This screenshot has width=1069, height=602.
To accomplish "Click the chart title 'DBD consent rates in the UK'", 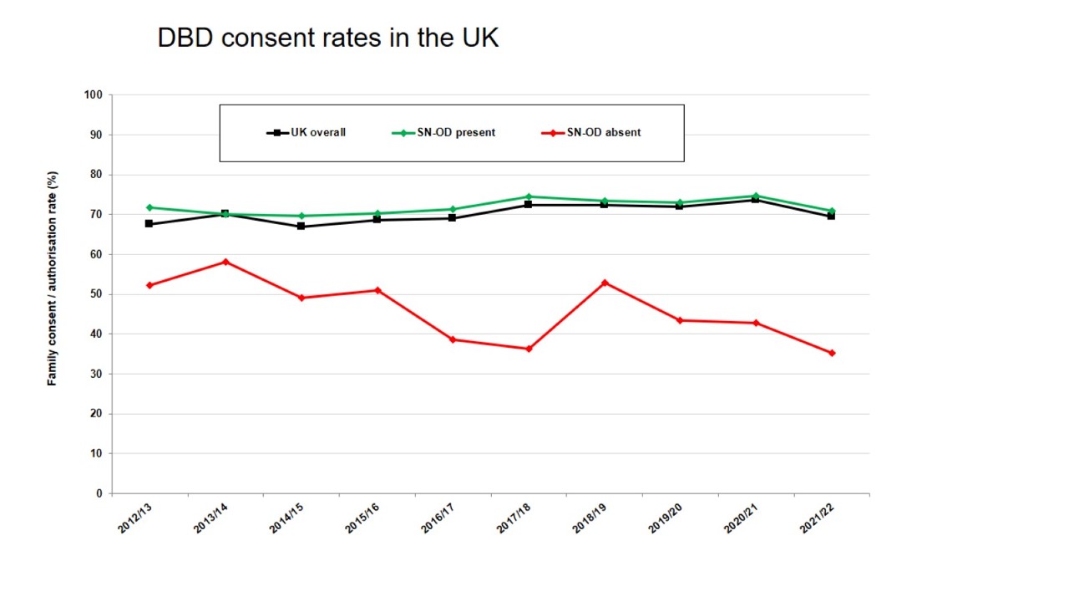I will tap(327, 38).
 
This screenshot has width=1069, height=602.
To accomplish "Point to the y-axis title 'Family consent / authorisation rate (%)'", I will tap(53, 278).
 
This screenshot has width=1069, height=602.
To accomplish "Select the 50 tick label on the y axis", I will tap(96, 294).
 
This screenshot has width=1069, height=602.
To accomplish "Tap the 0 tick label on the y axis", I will tap(99, 493).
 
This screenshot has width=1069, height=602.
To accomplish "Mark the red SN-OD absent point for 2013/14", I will tap(225, 262).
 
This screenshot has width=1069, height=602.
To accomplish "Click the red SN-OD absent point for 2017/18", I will tap(529, 349).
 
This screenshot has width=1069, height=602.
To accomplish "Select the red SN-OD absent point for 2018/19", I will tap(605, 283).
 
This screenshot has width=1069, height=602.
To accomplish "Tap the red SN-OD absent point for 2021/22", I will tap(832, 353).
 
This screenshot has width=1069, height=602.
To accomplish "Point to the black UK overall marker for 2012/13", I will tap(149, 224).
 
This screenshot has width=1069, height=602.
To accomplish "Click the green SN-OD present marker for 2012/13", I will tap(149, 207).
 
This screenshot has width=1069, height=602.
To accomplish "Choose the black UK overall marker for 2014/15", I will tap(301, 227).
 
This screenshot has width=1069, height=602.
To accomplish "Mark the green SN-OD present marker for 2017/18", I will tap(529, 196).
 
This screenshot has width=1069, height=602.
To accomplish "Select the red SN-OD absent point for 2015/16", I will tap(377, 290).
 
